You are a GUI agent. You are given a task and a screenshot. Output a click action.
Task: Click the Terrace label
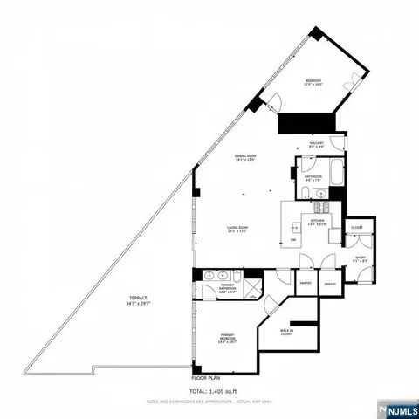click(139, 302)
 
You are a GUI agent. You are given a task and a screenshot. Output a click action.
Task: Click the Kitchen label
click(317, 222)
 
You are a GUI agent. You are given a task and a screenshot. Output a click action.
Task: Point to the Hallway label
click(317, 144)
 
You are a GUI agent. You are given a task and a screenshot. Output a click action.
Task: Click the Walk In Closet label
click(286, 332)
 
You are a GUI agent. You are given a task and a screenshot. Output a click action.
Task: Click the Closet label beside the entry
click(357, 228)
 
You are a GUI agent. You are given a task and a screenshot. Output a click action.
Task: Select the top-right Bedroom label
click(313, 83)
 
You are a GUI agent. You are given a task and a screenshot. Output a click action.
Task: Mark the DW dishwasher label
click(293, 240)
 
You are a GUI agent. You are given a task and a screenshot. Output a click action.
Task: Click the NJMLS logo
click(399, 408)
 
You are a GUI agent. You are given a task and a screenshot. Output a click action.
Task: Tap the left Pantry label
click(306, 284)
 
